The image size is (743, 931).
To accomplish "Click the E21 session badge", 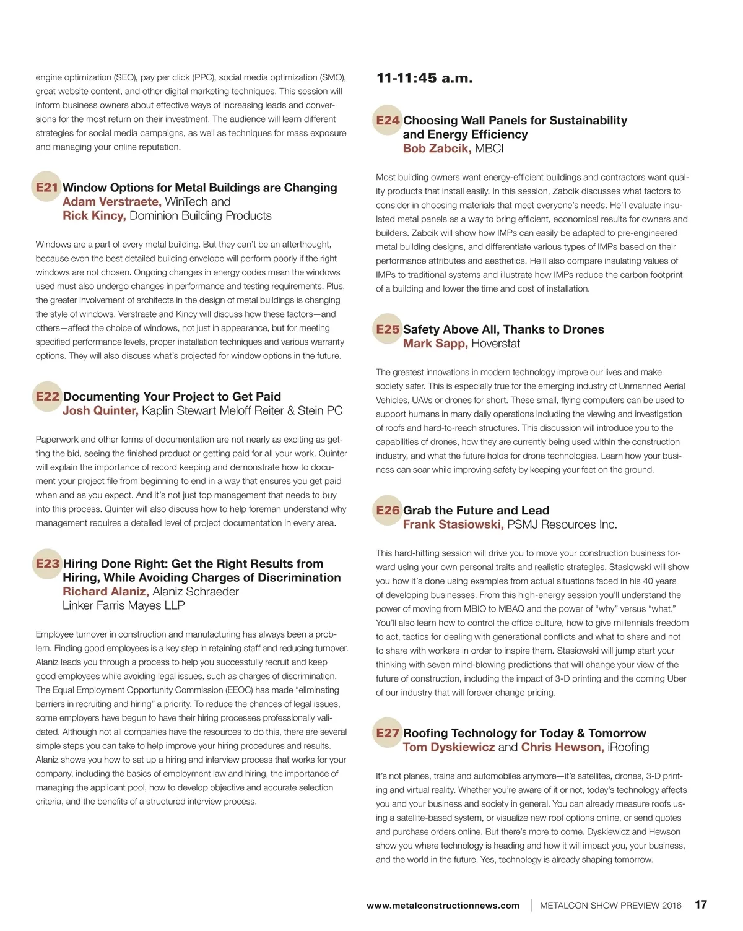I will [46, 187].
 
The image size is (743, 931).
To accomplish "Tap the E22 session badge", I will [47, 396].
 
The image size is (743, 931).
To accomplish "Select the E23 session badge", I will [47, 563].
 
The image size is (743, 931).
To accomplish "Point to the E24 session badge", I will [388, 120].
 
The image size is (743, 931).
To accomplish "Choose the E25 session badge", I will [388, 329].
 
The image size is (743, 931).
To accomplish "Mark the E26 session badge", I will [388, 510].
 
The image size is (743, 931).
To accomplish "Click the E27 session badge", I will [388, 733].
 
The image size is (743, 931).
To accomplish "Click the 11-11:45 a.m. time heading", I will [425, 79].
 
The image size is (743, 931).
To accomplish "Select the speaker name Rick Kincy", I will [94, 215].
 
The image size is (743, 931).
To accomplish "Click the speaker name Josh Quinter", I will [100, 410].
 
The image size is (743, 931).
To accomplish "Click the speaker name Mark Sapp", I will [435, 344].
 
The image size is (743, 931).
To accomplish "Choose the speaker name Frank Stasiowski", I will [453, 524].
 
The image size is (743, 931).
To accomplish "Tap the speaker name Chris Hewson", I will [562, 747].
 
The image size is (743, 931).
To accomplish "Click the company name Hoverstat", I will [495, 344].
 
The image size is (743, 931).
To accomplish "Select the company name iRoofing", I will [628, 747].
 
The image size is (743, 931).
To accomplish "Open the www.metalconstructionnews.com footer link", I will [443, 905].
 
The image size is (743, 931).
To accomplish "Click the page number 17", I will [701, 904].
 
